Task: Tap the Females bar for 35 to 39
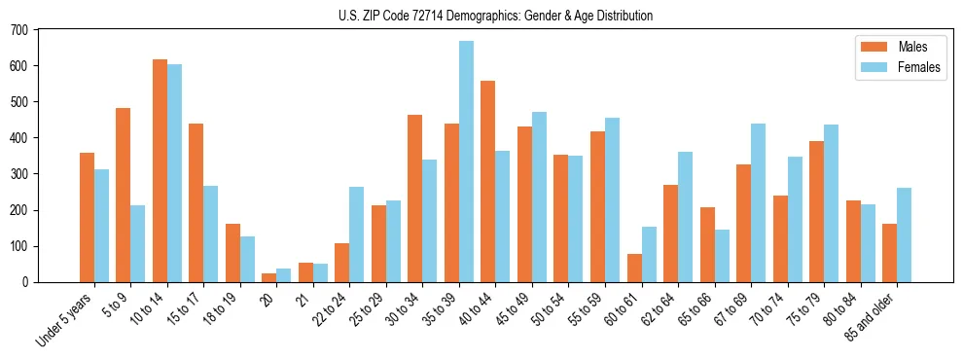click(x=466, y=162)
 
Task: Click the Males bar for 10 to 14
click(x=160, y=171)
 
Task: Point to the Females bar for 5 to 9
click(x=138, y=244)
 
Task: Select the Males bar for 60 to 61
click(x=634, y=268)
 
